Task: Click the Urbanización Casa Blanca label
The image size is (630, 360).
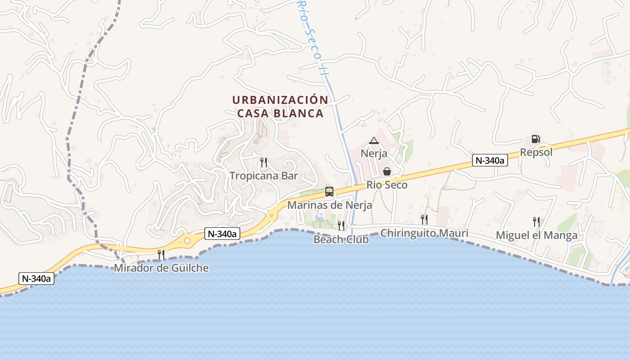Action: [x=280, y=106]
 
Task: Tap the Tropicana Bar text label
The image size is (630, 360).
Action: [x=264, y=175]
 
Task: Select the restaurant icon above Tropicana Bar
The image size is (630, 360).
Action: [x=264, y=162]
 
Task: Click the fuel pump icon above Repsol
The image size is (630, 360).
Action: [x=535, y=139]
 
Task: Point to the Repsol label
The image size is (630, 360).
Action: [x=536, y=152]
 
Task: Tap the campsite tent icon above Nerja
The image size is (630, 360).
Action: [x=373, y=141]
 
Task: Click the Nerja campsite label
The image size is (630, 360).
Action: [x=373, y=154]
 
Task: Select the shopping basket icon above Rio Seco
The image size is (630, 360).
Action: [x=387, y=171]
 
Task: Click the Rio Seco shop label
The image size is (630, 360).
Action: [x=387, y=184]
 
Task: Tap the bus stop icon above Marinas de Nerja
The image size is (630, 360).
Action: [x=329, y=192]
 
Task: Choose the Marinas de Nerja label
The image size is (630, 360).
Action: [x=329, y=205]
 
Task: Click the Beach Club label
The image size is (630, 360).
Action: [x=341, y=239]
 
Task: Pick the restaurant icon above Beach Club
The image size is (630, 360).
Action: [x=341, y=225]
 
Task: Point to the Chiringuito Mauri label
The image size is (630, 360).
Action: [x=424, y=233]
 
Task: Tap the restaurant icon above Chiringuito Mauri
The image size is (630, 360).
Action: [x=424, y=219]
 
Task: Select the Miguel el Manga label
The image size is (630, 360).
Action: [x=536, y=235]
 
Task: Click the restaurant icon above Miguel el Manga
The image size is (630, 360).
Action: [x=536, y=221]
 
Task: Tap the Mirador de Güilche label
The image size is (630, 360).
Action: [x=161, y=268]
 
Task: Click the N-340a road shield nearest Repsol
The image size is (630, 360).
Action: [x=490, y=160]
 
